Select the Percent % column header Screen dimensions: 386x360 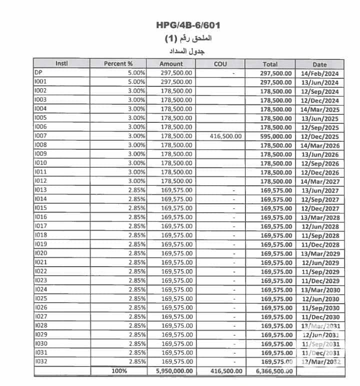pos(118,63)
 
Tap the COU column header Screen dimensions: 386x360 pos(220,64)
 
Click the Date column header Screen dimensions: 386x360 pos(319,64)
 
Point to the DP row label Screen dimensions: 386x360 pos(38,72)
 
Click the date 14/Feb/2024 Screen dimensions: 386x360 pos(320,73)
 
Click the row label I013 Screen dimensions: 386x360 pos(41,190)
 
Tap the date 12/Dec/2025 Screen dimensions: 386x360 pos(320,137)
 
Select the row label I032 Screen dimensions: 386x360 pos(41,361)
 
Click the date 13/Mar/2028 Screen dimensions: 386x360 pos(320,218)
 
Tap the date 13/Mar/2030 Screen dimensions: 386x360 pos(320,290)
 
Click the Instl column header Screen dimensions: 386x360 pos(61,63)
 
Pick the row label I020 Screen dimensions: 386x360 pos(41,253)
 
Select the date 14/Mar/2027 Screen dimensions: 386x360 pos(320,182)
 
